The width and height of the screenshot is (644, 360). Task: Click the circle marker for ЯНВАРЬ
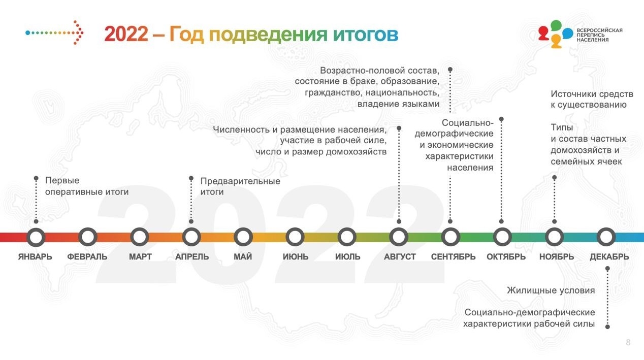click(x=36, y=229)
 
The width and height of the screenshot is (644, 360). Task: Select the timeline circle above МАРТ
click(x=140, y=229)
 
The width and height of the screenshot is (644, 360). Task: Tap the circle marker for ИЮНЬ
click(x=295, y=229)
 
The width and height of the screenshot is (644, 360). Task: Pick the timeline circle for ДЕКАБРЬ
click(x=606, y=229)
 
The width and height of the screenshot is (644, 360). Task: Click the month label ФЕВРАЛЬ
click(x=87, y=256)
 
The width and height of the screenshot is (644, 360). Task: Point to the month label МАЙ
click(x=243, y=256)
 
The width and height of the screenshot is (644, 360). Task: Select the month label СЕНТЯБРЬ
click(x=453, y=256)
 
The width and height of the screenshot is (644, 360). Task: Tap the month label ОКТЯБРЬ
click(x=506, y=256)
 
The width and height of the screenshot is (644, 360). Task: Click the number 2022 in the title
click(x=126, y=34)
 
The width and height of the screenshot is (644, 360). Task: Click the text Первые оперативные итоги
click(x=86, y=186)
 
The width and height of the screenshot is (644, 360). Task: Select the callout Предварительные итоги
click(x=240, y=186)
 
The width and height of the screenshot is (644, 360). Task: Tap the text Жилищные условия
click(x=551, y=290)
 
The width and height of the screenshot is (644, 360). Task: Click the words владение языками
click(x=398, y=104)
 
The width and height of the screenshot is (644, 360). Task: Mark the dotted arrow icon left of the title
click(x=54, y=32)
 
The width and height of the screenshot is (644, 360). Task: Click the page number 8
click(x=628, y=342)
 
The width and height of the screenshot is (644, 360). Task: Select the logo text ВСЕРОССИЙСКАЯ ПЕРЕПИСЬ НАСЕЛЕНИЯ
click(x=599, y=35)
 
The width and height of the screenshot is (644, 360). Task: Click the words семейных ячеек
click(x=586, y=161)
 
